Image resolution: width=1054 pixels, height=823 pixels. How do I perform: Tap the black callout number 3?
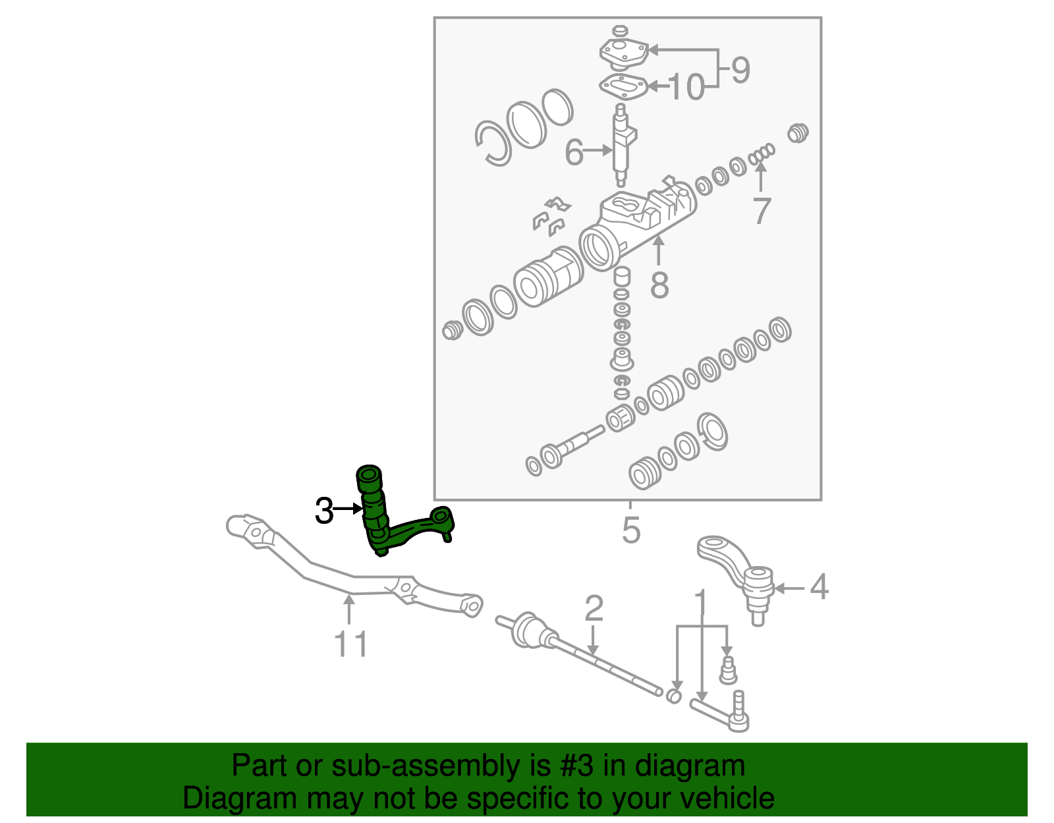tap(324, 511)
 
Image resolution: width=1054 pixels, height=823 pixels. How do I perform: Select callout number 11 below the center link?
tap(351, 644)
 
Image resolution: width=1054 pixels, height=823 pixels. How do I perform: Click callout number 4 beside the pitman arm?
tap(818, 586)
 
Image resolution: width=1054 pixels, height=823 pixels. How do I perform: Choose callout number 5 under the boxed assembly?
tap(630, 530)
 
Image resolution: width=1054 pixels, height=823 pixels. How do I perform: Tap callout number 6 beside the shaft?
tap(574, 153)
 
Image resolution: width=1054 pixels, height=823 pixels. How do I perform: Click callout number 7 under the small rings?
tap(762, 211)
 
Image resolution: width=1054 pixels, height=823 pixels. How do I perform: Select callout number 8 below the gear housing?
tap(659, 285)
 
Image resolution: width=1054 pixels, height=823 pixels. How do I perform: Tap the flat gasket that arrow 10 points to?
tap(622, 86)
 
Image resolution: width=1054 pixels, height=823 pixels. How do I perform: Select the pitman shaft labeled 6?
tap(621, 145)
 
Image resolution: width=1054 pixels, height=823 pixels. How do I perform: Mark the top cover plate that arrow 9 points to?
tap(622, 51)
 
